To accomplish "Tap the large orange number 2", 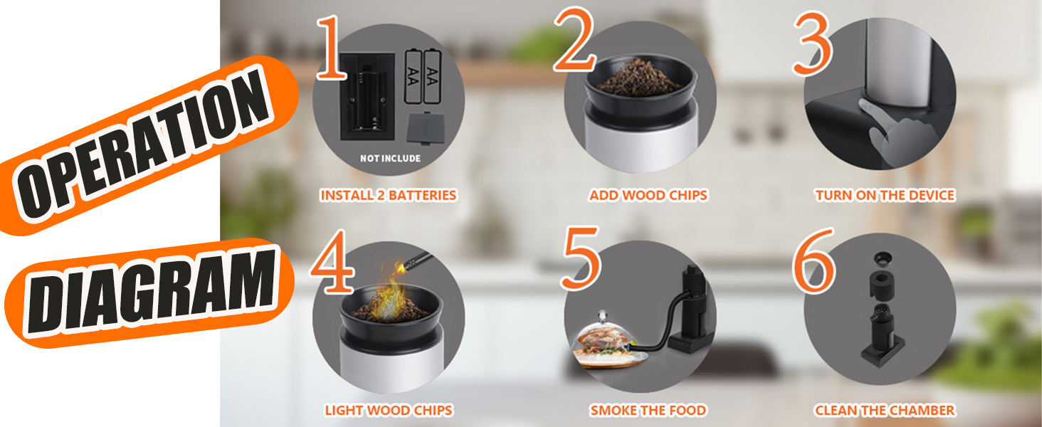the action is click(x=574, y=40).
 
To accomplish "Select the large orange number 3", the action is click(x=812, y=43).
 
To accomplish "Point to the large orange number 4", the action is click(x=333, y=262).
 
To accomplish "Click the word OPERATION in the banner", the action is click(x=144, y=144).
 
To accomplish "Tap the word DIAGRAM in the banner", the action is click(x=151, y=291).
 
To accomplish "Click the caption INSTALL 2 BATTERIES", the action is click(x=389, y=196).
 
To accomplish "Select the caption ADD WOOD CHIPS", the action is click(x=648, y=196).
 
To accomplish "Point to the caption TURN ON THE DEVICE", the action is click(x=885, y=196).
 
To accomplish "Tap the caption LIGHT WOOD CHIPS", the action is click(x=389, y=410).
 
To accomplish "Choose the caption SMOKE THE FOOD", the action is click(x=648, y=410).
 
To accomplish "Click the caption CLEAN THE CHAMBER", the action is click(x=885, y=410).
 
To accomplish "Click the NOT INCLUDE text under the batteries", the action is click(x=390, y=159).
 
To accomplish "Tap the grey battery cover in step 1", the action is click(x=426, y=128).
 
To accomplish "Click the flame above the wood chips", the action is click(x=392, y=290).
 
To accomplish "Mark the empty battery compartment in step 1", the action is click(x=367, y=97).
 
